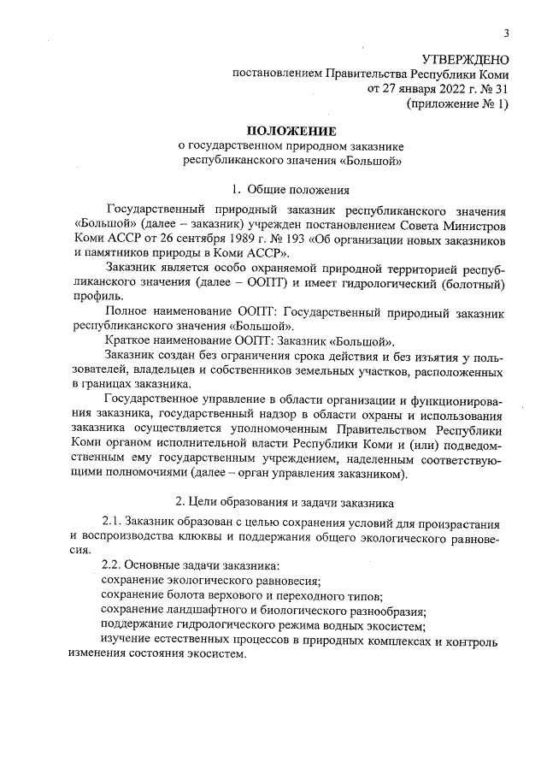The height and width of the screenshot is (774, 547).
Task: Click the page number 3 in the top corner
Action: (506, 33)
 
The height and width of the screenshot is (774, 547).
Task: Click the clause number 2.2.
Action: (111, 566)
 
